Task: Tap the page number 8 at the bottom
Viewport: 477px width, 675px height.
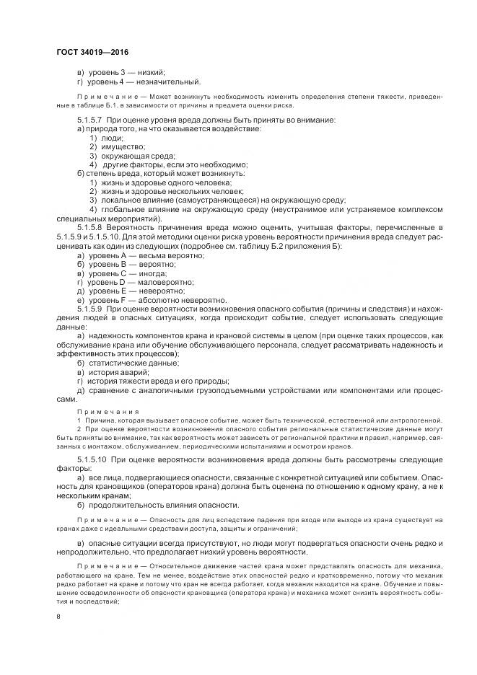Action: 59,616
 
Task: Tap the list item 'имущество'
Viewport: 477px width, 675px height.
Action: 119,146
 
